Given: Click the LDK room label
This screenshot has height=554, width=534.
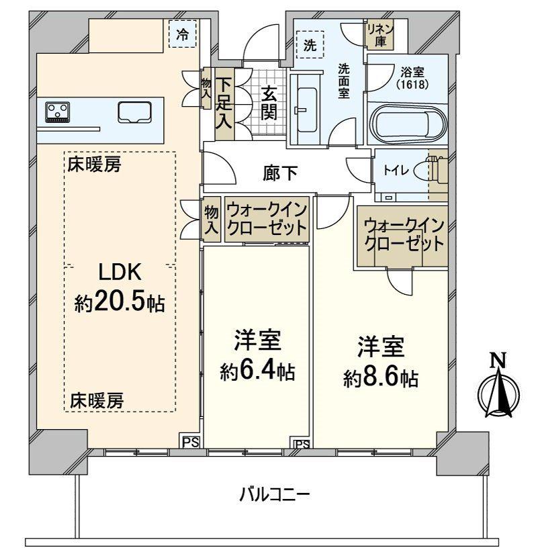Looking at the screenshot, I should [120, 272].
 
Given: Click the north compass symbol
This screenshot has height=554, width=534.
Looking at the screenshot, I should [498, 390].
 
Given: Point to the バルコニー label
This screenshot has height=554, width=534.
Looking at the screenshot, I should [275, 497].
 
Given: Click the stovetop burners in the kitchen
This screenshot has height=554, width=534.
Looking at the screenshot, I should [57, 111].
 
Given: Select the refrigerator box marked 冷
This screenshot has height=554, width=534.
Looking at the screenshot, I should [182, 35].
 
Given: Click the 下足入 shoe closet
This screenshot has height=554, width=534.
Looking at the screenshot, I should [224, 103].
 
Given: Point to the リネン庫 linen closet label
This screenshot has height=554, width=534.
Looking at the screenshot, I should [378, 32].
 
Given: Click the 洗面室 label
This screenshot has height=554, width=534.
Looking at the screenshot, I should [343, 80].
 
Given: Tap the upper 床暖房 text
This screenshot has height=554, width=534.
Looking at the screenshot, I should [94, 165].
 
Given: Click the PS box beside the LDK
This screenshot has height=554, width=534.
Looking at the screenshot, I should [191, 441].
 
